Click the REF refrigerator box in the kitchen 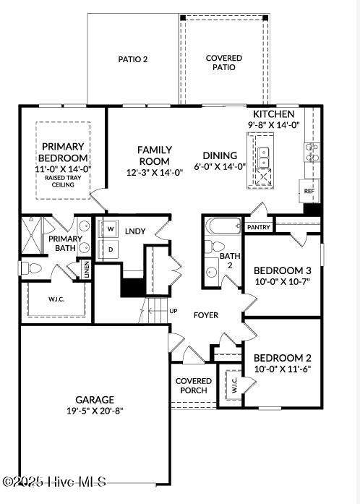[x=309, y=191]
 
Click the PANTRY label [x=258, y=227]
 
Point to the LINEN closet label [x=87, y=270]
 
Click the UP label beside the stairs [x=173, y=311]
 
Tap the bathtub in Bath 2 [x=223, y=226]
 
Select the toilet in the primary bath [x=31, y=268]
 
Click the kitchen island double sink [x=264, y=158]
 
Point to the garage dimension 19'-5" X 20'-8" [x=95, y=411]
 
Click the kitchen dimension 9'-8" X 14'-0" [x=273, y=124]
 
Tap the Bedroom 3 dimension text [x=282, y=281]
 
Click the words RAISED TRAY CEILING [x=63, y=181]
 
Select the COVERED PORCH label [x=194, y=385]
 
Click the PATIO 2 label [x=133, y=59]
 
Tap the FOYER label [x=206, y=315]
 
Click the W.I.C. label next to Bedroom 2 [x=234, y=385]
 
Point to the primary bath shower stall [x=32, y=236]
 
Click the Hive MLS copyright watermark [x=55, y=481]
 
